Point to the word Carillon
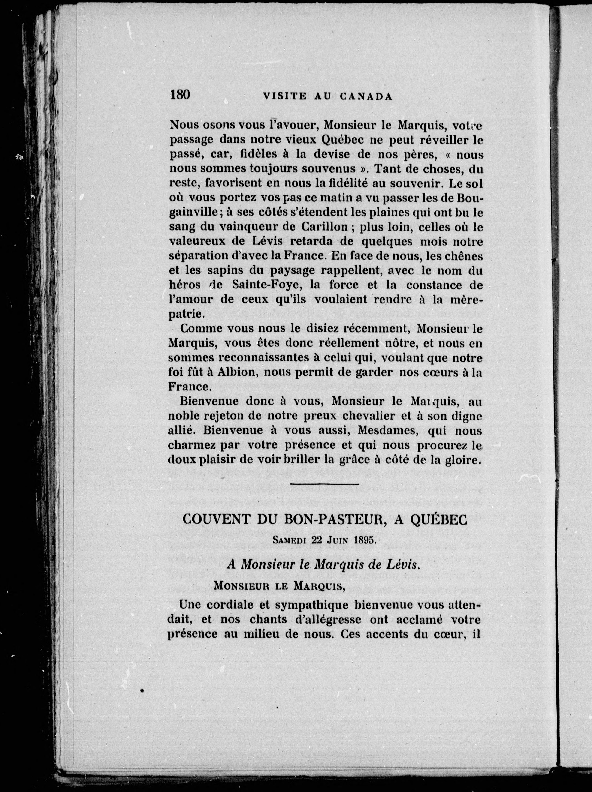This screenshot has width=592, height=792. (326, 227)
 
